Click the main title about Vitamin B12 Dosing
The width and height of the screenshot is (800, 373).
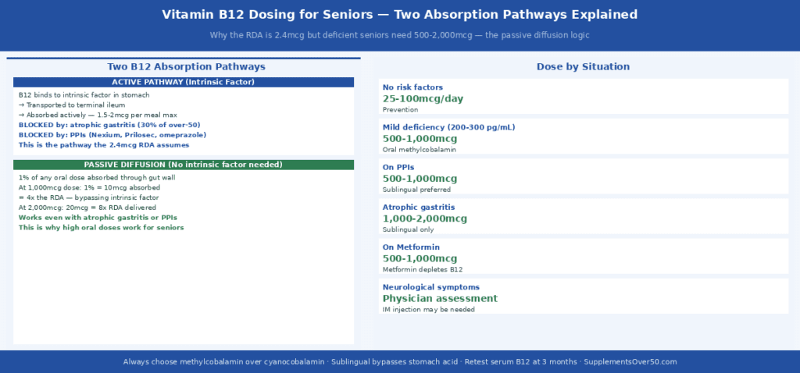pyautogui.click(x=399, y=15)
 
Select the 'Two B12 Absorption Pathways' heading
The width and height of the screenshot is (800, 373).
pyautogui.click(x=186, y=67)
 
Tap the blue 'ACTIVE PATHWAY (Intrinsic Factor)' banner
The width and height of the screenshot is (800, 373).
pyautogui.click(x=184, y=82)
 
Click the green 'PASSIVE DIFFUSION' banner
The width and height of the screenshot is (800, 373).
pyautogui.click(x=184, y=165)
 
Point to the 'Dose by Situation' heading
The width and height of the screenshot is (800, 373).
pyautogui.click(x=583, y=67)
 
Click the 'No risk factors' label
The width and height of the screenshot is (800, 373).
pyautogui.click(x=412, y=87)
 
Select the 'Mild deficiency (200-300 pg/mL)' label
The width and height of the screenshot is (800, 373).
pyautogui.click(x=448, y=127)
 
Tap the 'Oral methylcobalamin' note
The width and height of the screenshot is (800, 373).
pyautogui.click(x=420, y=149)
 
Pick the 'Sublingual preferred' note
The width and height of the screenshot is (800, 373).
pyautogui.click(x=418, y=190)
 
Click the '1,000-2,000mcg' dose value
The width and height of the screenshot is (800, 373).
pyautogui.click(x=425, y=218)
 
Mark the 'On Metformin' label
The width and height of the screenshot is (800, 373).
pyautogui.click(x=411, y=247)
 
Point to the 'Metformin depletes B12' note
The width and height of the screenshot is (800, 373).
pyautogui.click(x=423, y=269)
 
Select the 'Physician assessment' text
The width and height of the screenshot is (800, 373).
pyautogui.click(x=440, y=298)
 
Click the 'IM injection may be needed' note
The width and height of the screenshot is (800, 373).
pyautogui.click(x=428, y=310)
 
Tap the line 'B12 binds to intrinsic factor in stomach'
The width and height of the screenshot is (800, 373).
pyautogui.click(x=78, y=94)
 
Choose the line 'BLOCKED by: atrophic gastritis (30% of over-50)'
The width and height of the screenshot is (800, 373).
pyautogui.click(x=109, y=125)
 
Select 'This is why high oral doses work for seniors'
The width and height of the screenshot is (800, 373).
pyautogui.click(x=101, y=228)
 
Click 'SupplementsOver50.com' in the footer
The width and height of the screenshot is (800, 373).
pyautogui.click(x=630, y=362)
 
